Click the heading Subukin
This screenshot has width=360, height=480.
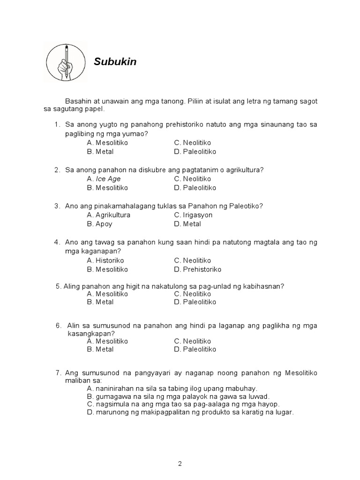tap(115, 61)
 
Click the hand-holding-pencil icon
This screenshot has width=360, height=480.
tap(67, 62)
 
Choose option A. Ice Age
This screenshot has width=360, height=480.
tap(104, 179)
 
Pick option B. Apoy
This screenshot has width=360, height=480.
tap(99, 224)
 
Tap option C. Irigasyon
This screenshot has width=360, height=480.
tap(193, 215)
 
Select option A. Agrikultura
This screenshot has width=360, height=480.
tap(109, 215)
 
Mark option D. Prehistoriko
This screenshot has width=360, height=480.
tap(197, 269)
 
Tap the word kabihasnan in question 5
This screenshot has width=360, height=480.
tap(264, 286)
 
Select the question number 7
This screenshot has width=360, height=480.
tap(58, 373)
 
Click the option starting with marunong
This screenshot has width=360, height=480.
tap(190, 412)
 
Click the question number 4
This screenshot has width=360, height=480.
tap(57, 242)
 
